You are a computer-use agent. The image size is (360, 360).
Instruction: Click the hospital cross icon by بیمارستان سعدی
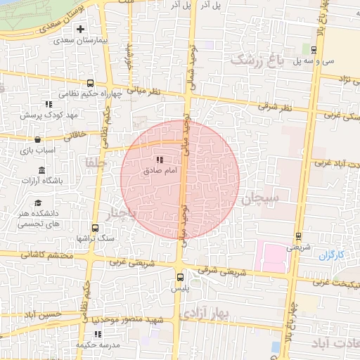tap(81, 30)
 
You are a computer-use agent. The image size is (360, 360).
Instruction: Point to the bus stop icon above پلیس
tap(181, 277)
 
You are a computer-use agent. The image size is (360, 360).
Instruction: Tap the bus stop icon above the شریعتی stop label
tap(298, 236)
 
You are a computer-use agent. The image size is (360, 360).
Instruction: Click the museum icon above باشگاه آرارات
tap(41, 171)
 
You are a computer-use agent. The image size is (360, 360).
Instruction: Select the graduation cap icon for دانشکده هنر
tap(49, 202)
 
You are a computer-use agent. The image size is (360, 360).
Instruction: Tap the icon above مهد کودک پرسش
tap(49, 104)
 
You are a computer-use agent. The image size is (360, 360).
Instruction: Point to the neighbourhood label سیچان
tap(260, 198)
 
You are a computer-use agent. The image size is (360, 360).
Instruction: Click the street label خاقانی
tap(75, 133)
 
